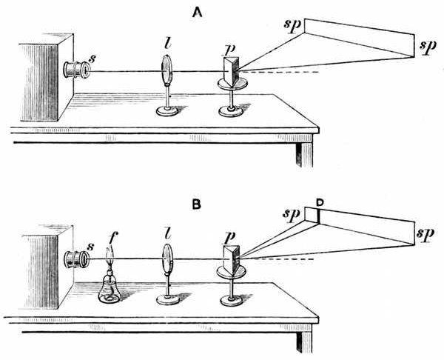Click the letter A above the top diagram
click(x=198, y=12)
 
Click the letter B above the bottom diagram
click(x=198, y=200)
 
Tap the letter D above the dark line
click(x=319, y=201)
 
